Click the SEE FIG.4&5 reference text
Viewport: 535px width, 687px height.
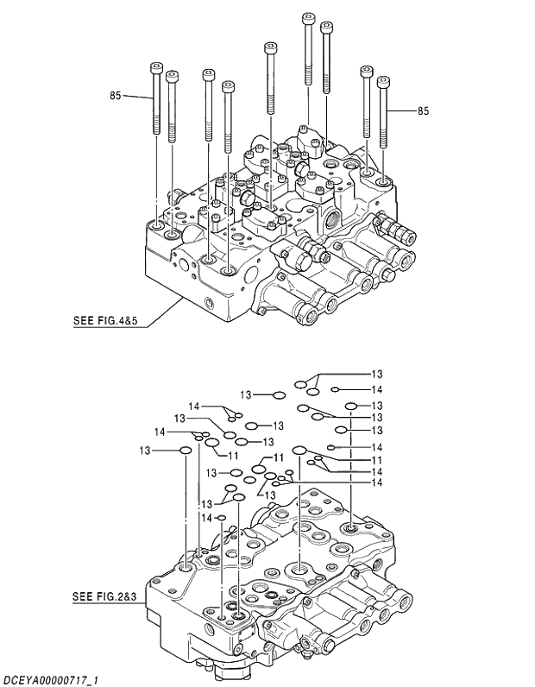pos(106,322)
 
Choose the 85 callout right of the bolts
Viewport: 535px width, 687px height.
pos(423,111)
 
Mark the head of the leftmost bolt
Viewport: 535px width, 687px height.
pos(156,67)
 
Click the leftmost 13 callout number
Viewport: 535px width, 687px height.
pos(144,451)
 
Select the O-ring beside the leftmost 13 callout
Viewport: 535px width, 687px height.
pos(186,450)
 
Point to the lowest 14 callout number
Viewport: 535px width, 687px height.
pos(207,518)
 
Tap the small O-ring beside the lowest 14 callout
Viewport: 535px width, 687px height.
pos(222,518)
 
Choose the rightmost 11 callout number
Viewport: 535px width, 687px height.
pos(377,460)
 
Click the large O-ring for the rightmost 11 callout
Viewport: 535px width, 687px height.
pos(300,450)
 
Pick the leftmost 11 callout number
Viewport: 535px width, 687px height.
pos(233,455)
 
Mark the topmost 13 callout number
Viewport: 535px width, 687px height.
pos(377,375)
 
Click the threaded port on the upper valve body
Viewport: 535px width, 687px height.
pos(332,217)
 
